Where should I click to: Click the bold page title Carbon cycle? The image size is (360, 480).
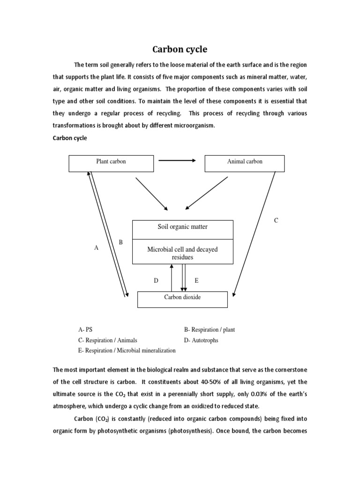[180, 49]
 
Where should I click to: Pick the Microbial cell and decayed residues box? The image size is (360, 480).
[182, 253]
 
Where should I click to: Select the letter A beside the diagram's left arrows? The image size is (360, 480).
[97, 248]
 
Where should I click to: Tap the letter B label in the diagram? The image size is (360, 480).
[120, 242]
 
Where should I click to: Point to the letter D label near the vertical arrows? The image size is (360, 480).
[157, 281]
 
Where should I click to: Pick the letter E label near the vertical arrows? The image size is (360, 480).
[196, 281]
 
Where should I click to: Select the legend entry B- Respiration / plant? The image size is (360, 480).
[209, 330]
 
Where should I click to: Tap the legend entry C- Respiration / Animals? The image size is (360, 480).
[107, 340]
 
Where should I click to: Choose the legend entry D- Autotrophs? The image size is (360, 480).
[201, 340]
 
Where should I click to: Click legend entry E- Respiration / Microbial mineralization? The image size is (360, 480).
[127, 351]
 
